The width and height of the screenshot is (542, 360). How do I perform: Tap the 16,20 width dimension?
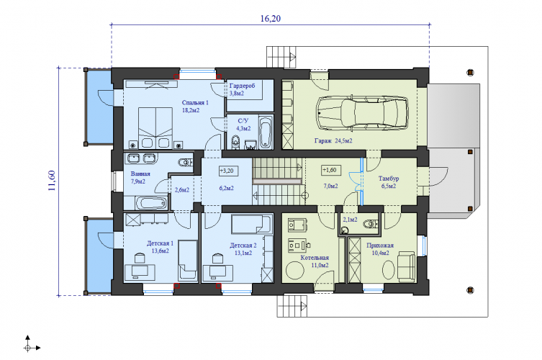271,18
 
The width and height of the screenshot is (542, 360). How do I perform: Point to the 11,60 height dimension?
52,181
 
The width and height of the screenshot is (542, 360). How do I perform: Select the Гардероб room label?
242,86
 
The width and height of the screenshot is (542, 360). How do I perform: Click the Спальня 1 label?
195,103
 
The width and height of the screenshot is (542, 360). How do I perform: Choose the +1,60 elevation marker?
331,170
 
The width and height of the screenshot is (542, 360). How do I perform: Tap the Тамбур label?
389,179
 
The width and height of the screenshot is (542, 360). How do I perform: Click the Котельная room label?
315,258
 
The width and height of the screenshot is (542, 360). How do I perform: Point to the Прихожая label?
380,246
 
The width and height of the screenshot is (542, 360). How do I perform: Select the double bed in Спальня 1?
155,128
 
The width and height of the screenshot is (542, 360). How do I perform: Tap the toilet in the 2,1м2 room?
370,225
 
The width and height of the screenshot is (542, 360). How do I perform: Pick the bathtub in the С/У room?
266,132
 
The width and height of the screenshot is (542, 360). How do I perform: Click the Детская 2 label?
243,246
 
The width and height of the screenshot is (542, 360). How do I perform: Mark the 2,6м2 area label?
182,190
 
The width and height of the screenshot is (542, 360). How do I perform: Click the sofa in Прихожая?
406,267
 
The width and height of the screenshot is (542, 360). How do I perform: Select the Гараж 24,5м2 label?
333,140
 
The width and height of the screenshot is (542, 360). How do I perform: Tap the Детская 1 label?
160,243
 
